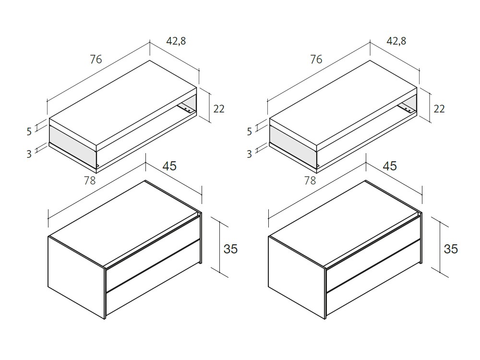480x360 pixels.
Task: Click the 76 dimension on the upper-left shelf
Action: pyautogui.click(x=96, y=59)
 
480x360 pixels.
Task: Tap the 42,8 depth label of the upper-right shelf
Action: pyautogui.click(x=396, y=41)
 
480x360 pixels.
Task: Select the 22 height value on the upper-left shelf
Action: pyautogui.click(x=218, y=108)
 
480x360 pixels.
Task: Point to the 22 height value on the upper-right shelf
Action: pyautogui.click(x=439, y=108)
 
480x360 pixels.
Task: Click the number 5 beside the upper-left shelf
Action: pyautogui.click(x=29, y=132)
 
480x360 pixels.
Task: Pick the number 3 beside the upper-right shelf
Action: pyautogui.click(x=250, y=154)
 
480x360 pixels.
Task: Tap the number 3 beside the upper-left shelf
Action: pyautogui.click(x=29, y=154)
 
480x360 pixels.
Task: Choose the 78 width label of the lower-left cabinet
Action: pyautogui.click(x=90, y=180)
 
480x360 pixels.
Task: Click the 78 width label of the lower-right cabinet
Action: pyautogui.click(x=310, y=180)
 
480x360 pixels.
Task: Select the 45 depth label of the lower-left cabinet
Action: pyautogui.click(x=169, y=166)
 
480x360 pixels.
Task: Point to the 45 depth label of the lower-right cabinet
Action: pyautogui.click(x=390, y=166)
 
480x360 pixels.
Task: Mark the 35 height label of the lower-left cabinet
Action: pyautogui.click(x=230, y=249)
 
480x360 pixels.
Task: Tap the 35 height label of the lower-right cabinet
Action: pyautogui.click(x=451, y=249)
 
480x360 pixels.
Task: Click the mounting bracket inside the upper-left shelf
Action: pyautogui.click(x=186, y=108)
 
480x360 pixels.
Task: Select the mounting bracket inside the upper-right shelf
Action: pyautogui.click(x=406, y=108)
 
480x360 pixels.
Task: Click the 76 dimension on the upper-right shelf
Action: pyautogui.click(x=316, y=59)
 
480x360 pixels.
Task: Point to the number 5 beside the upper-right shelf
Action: pyautogui.click(x=250, y=132)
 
